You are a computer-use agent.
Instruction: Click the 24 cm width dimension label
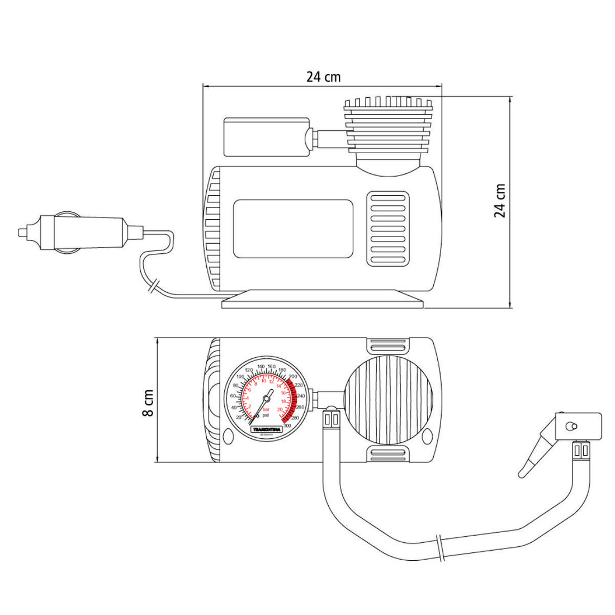click(x=323, y=77)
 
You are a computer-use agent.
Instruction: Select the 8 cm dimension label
click(x=148, y=403)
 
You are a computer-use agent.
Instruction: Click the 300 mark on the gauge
click(x=287, y=425)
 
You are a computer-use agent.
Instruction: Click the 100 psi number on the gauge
click(x=240, y=377)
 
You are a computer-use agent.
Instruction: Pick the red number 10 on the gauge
click(x=264, y=381)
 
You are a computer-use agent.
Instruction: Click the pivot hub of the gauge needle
click(x=267, y=399)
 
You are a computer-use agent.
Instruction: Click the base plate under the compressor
click(x=323, y=302)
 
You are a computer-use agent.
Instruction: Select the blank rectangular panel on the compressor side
click(x=293, y=229)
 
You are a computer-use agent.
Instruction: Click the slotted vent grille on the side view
click(x=388, y=228)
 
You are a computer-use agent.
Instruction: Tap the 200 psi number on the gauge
click(x=292, y=377)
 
